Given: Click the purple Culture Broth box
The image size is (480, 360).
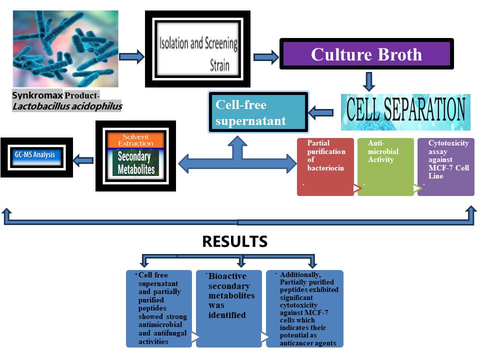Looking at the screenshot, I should tap(366, 54).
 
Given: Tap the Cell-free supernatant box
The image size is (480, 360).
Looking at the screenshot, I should tap(257, 112).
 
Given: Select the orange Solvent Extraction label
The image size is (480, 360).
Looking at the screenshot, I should tap(136, 140).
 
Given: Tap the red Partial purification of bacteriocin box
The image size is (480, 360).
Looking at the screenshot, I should tap(325, 166).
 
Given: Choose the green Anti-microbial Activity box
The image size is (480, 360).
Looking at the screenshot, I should tap(385, 166).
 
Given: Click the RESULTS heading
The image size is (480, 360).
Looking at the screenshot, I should tap(234, 242).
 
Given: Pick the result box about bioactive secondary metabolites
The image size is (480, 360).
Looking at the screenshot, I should tap(228, 308).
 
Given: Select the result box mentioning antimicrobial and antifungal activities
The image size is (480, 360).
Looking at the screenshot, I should tap(159, 308).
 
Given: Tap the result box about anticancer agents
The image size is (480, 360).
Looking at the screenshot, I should tap(305, 308).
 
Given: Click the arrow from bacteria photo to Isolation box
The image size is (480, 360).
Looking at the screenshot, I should tap(132, 56).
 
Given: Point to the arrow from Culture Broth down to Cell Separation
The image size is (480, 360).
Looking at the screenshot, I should tap(369, 80).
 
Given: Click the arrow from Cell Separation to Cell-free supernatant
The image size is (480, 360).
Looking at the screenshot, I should tap(321, 113).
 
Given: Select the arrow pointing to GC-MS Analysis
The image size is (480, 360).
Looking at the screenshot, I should tap(83, 160).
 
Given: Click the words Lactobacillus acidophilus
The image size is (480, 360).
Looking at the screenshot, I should tap(67, 106).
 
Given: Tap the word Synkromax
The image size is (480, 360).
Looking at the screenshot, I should tap(37, 95).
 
